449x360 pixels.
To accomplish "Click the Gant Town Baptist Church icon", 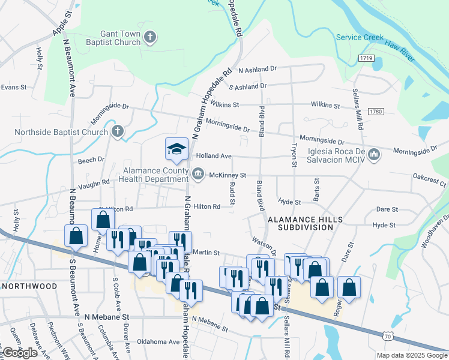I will click(x=150, y=38).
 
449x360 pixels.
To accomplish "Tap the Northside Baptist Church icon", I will click(x=118, y=131).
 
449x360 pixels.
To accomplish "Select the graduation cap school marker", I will click(x=177, y=150).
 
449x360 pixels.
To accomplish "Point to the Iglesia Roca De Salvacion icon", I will click(x=374, y=155).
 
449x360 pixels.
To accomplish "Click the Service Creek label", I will click(x=360, y=37).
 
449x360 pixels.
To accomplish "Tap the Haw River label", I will click(x=400, y=50).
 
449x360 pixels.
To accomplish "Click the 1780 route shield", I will click(x=376, y=112).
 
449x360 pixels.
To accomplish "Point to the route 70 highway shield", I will click(x=390, y=338).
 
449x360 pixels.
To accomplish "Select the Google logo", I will click(x=20, y=353).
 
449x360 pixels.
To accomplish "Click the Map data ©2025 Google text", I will click(x=412, y=355).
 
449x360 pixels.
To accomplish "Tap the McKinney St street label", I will click(x=228, y=175).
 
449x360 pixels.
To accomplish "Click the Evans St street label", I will click(x=14, y=87).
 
